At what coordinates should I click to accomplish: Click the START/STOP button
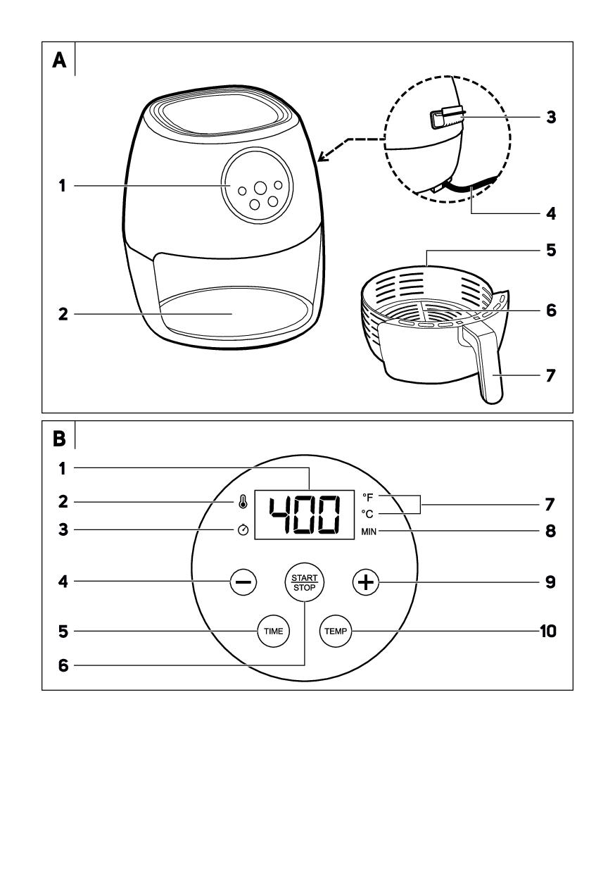click(304, 582)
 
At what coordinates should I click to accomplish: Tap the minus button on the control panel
click(243, 582)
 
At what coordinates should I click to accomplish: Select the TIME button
click(274, 631)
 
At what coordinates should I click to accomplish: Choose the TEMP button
click(336, 631)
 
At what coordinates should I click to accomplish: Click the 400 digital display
click(304, 515)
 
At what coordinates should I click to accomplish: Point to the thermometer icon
click(243, 502)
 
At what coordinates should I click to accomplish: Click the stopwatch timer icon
click(243, 529)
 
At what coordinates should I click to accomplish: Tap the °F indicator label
click(368, 497)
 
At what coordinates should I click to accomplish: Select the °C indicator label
click(367, 514)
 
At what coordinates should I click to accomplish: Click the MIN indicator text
click(369, 532)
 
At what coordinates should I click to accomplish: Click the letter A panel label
click(59, 61)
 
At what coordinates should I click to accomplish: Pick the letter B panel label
click(59, 439)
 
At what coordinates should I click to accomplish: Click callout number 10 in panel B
click(547, 631)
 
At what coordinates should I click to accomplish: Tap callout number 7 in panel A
click(550, 376)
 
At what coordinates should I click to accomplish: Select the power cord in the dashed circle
click(471, 186)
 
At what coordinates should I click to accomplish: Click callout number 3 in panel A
click(551, 117)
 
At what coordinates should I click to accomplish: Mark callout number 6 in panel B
click(63, 665)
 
